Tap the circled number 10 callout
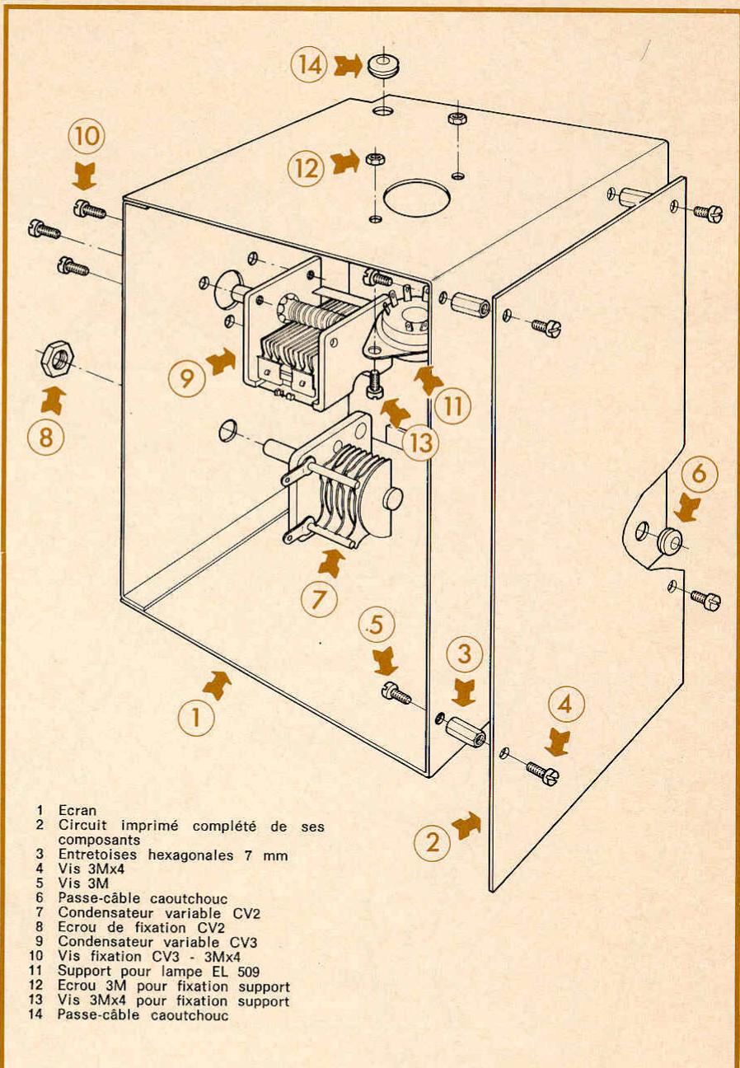coord(87,135)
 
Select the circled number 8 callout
coord(46,437)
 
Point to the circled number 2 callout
coord(432,842)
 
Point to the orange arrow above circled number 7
coord(331,563)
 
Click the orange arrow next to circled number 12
coord(345,162)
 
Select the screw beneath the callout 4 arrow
coord(544,771)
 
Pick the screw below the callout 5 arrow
coord(397,692)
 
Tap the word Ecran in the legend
coord(77,810)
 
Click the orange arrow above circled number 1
coord(217,685)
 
